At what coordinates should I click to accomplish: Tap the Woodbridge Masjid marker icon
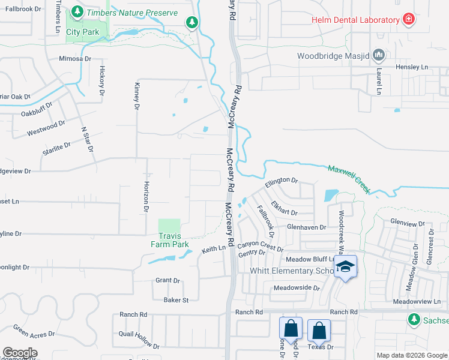pyautogui.click(x=379, y=56)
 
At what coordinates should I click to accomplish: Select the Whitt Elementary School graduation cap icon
pyautogui.click(x=346, y=266)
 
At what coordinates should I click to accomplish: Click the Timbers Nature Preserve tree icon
pyautogui.click(x=77, y=12)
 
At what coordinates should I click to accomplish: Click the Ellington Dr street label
pyautogui.click(x=282, y=180)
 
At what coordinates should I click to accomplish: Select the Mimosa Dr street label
pyautogui.click(x=74, y=59)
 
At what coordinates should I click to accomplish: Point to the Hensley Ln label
pyautogui.click(x=411, y=67)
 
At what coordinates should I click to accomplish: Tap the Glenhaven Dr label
pyautogui.click(x=306, y=227)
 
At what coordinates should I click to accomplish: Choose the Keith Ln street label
pyautogui.click(x=214, y=248)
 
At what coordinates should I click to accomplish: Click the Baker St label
pyautogui.click(x=176, y=300)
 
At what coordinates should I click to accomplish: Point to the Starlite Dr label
pyautogui.click(x=56, y=148)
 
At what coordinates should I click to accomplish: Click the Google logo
pyautogui.click(x=20, y=353)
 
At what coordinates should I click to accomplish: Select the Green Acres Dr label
pyautogui.click(x=34, y=331)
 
